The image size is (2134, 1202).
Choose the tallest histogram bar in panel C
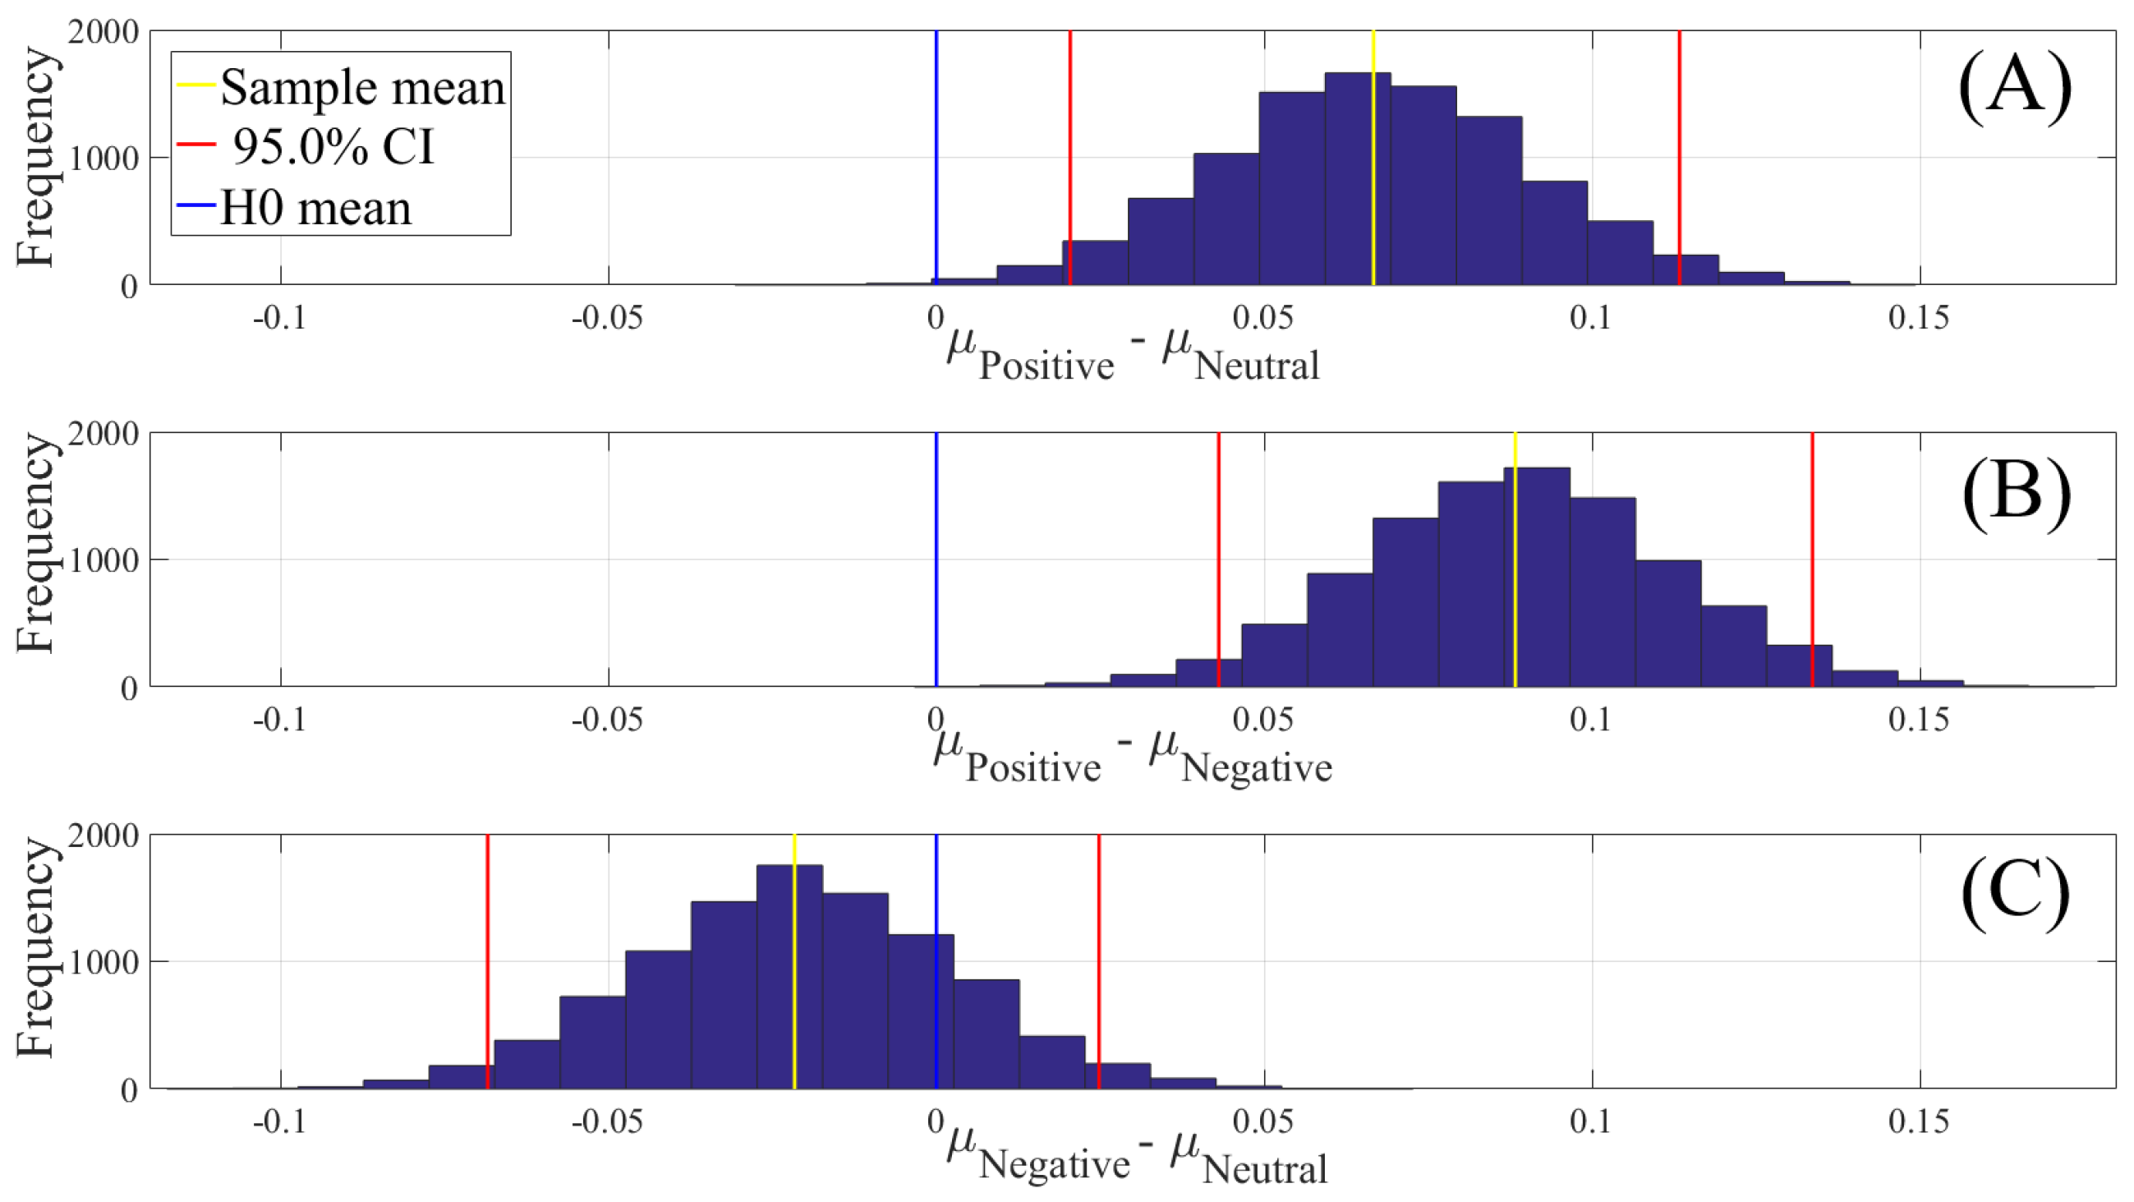click(x=789, y=978)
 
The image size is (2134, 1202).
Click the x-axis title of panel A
click(x=1133, y=357)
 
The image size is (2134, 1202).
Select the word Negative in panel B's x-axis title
click(x=1256, y=767)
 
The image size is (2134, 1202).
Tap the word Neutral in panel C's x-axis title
click(x=1264, y=1169)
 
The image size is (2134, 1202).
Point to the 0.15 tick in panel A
click(x=1919, y=317)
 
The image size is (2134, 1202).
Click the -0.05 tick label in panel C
click(x=607, y=1121)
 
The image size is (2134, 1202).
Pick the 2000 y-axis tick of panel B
click(x=103, y=433)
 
